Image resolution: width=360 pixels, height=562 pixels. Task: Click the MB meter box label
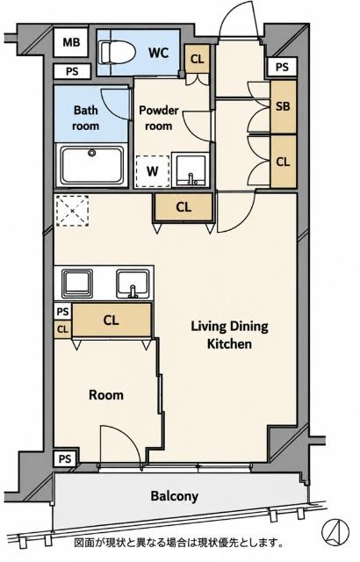71,42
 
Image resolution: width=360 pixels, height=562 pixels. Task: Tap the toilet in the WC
117,53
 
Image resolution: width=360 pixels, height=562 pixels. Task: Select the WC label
159,53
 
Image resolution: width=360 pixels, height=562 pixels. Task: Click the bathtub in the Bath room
92,165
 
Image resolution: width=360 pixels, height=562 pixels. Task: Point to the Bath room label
86,118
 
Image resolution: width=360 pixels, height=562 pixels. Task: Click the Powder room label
158,118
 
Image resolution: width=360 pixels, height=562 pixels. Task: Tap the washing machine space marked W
153,172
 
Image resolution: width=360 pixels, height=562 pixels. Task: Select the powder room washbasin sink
191,169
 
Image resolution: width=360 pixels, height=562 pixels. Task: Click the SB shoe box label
283,106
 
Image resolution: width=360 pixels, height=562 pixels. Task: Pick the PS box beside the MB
72,71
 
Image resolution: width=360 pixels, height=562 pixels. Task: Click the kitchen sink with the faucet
133,285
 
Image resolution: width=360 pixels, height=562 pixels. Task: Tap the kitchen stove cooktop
77,284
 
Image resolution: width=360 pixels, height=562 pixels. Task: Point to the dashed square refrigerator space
73,211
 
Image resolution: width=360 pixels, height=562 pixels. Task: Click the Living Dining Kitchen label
229,335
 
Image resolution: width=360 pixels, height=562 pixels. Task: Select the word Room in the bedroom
106,395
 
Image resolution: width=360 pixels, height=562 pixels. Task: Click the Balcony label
175,496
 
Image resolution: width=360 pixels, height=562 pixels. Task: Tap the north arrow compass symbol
335,531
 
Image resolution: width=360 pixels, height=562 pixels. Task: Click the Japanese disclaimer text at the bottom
178,543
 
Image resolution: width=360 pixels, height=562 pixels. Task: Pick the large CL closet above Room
112,320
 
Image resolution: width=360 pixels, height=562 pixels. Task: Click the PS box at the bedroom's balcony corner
65,458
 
